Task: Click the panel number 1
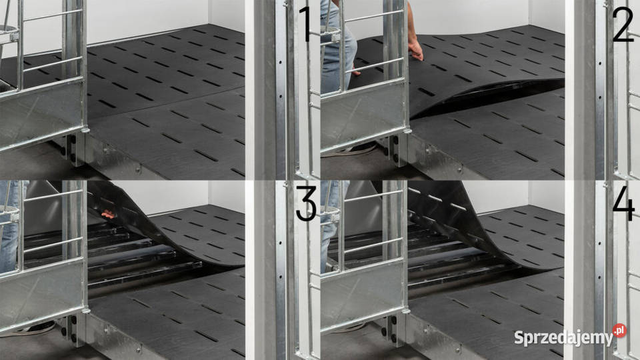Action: click(305, 24)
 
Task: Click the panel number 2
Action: click(623, 24)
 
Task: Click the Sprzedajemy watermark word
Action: click(563, 338)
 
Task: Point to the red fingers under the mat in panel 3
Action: click(108, 213)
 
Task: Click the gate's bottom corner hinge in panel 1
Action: click(85, 130)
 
